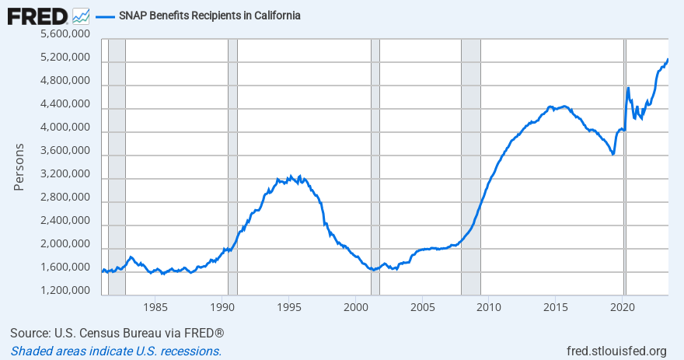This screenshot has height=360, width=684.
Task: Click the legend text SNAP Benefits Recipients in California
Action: tap(210, 16)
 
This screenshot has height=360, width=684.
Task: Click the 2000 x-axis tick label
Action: tap(355, 306)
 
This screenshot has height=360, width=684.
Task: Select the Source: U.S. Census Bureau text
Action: tap(117, 334)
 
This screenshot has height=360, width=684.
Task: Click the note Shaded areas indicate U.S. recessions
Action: tap(116, 351)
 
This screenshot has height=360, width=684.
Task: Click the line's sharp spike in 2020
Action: tap(627, 88)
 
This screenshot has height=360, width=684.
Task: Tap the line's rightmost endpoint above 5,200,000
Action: tap(668, 60)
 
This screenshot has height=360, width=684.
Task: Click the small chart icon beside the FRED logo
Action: tap(80, 16)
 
